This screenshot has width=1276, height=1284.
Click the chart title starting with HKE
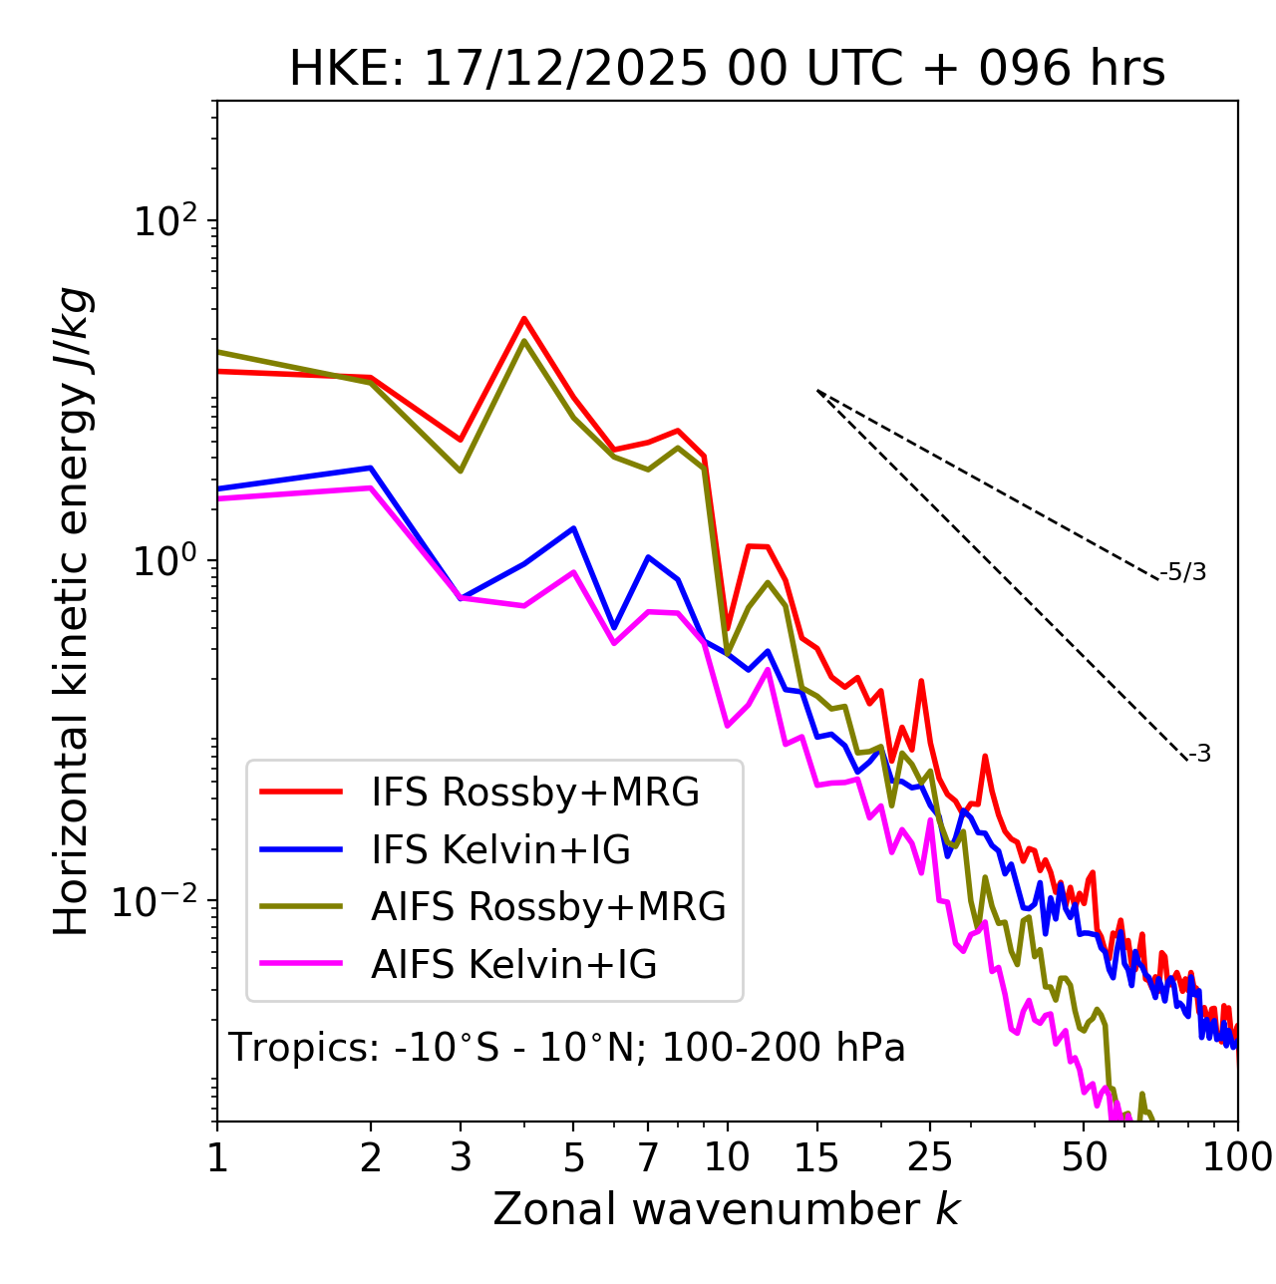[x=727, y=69]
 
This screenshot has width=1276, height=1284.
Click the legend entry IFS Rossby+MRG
[x=534, y=792]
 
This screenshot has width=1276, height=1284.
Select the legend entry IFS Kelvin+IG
[x=500, y=849]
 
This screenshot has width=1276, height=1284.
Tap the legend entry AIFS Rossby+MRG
[x=548, y=906]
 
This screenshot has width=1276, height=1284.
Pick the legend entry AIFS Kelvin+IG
[x=513, y=964]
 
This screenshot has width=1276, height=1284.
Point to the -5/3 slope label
[x=1183, y=572]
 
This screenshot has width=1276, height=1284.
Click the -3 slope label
[x=1199, y=754]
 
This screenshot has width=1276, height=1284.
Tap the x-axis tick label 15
[x=816, y=1157]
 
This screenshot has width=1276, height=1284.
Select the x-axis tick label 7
[x=648, y=1157]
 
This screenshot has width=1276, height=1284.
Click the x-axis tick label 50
[x=1084, y=1157]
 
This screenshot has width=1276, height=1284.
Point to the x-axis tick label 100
[x=1237, y=1157]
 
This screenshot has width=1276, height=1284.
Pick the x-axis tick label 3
[x=461, y=1157]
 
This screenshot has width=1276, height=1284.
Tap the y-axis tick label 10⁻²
[x=159, y=900]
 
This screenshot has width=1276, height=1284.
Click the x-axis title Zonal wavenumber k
[x=727, y=1209]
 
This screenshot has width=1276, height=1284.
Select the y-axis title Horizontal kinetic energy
[x=72, y=611]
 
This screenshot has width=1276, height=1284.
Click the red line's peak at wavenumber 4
[x=523, y=319]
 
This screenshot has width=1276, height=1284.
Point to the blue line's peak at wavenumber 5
[x=573, y=528]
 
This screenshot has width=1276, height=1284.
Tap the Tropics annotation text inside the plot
[x=567, y=1048]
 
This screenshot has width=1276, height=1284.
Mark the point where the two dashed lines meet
[x=817, y=391]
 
